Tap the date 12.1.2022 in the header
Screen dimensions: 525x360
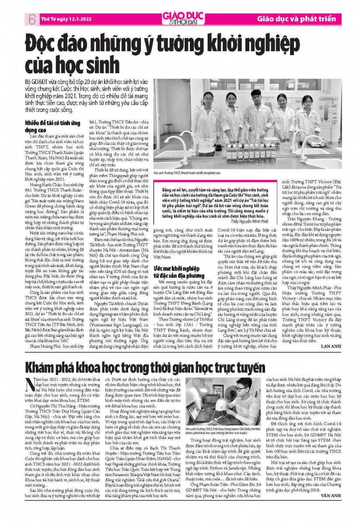[67, 19]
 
